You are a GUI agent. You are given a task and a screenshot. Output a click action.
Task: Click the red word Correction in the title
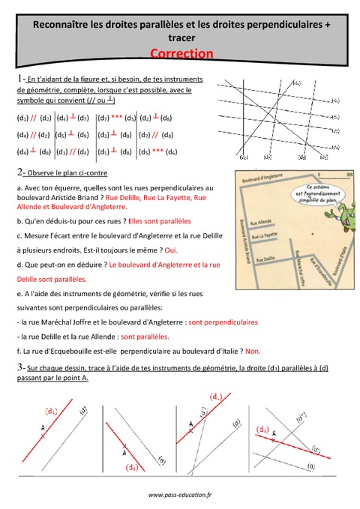coord(181,53)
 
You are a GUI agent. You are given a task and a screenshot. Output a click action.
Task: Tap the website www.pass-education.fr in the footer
coord(180,494)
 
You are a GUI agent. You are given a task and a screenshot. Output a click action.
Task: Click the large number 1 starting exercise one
coord(17,79)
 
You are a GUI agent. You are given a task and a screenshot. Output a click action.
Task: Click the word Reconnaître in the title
coord(55,25)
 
